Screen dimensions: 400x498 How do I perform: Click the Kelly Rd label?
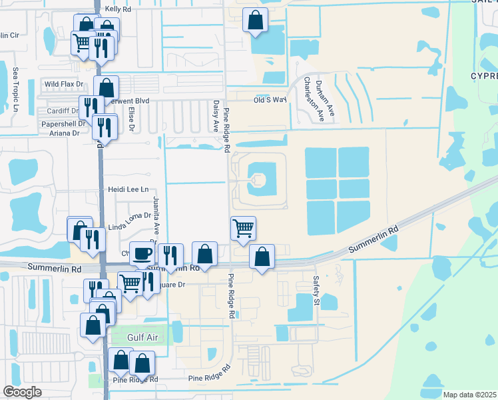(118, 10)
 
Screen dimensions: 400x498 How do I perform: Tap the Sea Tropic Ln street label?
(15, 89)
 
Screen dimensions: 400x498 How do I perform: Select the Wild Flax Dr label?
(64, 85)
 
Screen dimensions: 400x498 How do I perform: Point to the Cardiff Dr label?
(61, 111)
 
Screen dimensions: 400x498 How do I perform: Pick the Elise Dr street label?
(132, 118)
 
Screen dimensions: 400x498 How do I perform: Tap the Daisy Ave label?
(216, 116)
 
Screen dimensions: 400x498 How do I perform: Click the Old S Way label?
(270, 100)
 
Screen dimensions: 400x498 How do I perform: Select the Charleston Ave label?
(309, 99)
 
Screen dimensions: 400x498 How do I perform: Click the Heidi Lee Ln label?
(128, 190)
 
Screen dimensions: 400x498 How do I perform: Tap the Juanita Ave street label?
(156, 212)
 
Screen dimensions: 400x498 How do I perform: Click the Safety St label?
(317, 287)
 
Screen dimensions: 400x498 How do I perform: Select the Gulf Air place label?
(142, 337)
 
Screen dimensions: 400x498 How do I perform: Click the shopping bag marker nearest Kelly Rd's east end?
(255, 21)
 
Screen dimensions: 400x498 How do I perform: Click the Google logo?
(22, 391)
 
